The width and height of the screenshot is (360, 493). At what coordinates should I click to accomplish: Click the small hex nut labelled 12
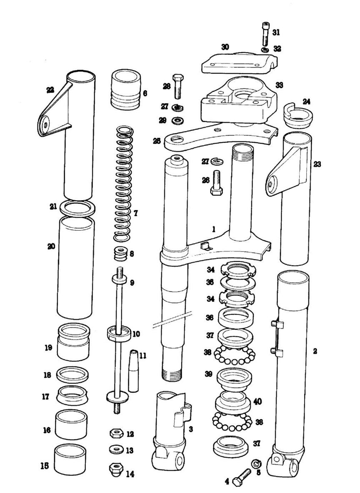[115, 434]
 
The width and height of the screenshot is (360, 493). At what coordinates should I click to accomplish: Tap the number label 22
[50, 90]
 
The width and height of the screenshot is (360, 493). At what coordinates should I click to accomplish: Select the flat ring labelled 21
[77, 208]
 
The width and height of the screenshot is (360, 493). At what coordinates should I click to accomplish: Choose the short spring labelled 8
[120, 253]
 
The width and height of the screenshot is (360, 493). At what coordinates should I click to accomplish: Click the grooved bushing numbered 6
[125, 90]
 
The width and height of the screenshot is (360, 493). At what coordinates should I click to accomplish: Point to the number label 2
[315, 351]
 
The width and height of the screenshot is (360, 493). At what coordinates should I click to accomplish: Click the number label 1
[213, 229]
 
